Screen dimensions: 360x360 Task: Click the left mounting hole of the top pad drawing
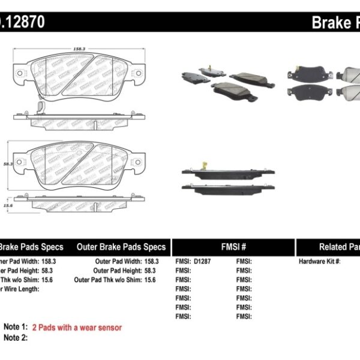point(19,74)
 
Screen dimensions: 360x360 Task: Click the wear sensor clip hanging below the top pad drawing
point(40,110)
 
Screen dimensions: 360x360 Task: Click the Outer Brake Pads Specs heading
point(121,247)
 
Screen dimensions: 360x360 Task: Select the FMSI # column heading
point(233,247)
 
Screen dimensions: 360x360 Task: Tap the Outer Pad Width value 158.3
point(152,262)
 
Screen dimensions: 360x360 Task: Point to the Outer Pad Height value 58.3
point(152,271)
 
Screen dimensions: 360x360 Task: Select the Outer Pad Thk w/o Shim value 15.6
point(152,280)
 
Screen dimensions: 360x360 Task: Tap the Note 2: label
point(16,338)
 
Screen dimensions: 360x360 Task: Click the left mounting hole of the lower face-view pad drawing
point(20,161)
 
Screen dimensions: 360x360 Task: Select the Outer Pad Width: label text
point(118,262)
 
